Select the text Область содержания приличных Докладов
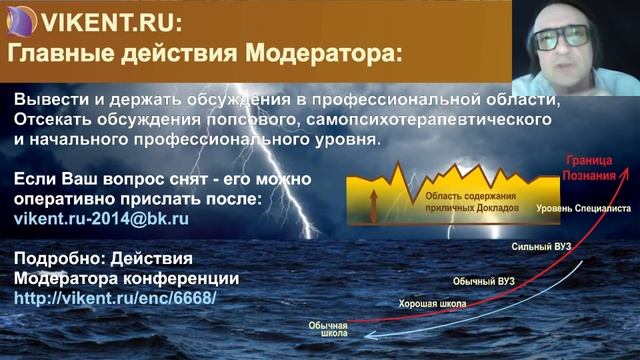tap(462, 191)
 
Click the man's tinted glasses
tap(561, 37)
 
